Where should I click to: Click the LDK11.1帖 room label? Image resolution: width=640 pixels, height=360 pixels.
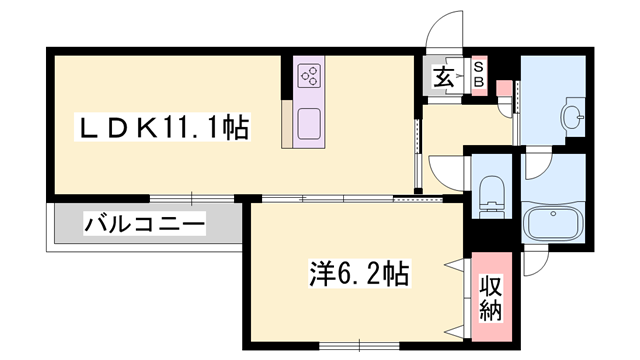[x=164, y=127]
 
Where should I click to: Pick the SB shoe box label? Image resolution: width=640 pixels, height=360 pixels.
[x=478, y=73]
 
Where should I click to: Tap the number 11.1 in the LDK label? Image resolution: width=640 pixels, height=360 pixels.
[x=195, y=127]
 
